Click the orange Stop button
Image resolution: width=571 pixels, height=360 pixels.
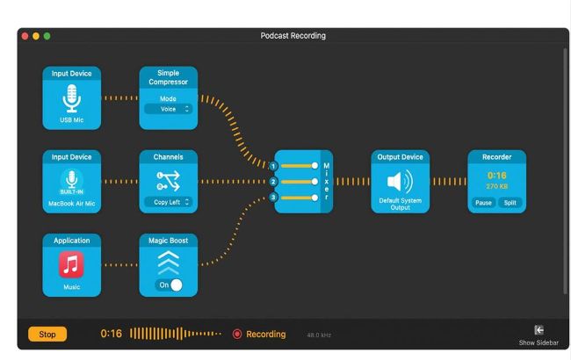point(47,334)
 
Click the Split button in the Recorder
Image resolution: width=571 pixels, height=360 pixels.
point(510,202)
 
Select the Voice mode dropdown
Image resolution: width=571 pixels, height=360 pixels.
point(169,109)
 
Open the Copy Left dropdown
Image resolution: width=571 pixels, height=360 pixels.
point(169,202)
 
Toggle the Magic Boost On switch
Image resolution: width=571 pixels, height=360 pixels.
point(170,285)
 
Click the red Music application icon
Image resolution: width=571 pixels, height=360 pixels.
point(72,264)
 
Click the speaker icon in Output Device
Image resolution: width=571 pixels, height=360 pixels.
point(399,182)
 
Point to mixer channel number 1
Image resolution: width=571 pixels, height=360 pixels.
point(273,165)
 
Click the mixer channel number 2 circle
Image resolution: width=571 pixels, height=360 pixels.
point(273,182)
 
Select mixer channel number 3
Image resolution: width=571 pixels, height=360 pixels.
point(273,198)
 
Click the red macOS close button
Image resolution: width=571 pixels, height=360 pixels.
point(25,36)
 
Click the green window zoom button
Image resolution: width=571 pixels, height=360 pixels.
point(47,36)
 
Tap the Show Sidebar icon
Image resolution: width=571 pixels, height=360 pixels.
point(538,329)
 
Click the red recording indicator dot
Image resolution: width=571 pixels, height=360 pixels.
point(237,334)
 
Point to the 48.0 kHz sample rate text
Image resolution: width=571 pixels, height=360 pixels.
point(318,335)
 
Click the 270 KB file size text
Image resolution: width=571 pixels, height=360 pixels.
point(497,186)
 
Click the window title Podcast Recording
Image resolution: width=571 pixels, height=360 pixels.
point(293,36)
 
